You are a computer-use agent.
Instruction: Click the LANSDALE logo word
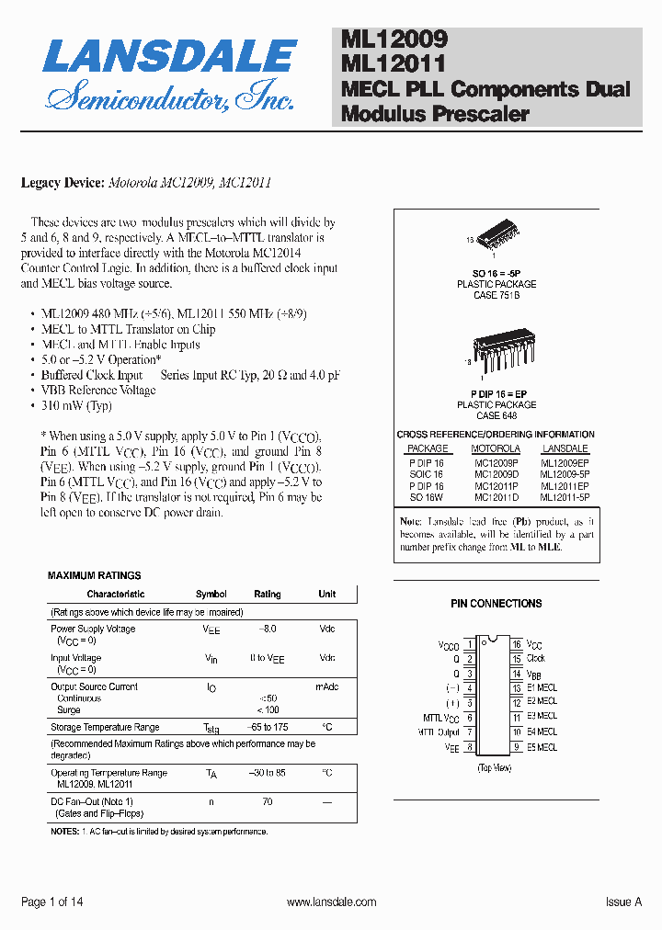point(169,57)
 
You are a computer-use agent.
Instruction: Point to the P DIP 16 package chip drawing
point(496,354)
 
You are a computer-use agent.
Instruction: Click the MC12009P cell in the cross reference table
point(496,463)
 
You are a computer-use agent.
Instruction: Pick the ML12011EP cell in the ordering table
point(565,485)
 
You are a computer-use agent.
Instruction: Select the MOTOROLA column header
point(496,449)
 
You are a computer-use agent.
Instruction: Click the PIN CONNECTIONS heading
point(496,604)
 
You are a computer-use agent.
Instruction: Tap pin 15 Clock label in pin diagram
point(535,658)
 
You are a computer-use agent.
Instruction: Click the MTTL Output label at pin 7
point(436,732)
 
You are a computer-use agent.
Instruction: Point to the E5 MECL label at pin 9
point(542,747)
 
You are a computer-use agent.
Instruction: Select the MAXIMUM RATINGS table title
point(95,575)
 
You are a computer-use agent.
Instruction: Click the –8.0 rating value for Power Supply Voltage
point(268,629)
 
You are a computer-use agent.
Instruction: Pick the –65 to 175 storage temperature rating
point(268,727)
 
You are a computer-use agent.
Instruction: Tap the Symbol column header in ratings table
point(211,595)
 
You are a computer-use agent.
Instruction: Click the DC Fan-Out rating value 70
point(268,801)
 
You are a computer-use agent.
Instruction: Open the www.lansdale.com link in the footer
point(331,902)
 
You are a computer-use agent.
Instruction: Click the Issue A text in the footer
point(623,902)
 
